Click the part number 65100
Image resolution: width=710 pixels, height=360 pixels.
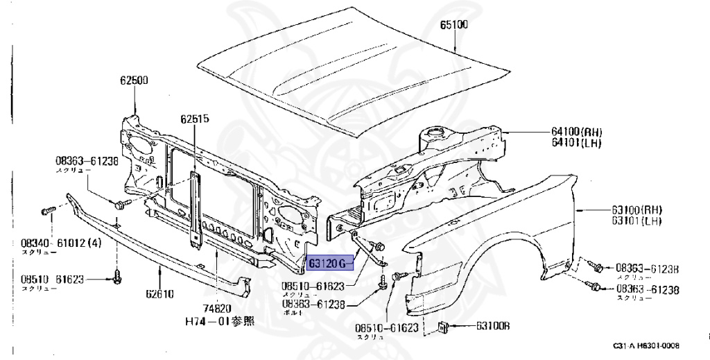tap(454, 26)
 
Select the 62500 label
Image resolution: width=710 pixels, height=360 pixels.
tap(132, 80)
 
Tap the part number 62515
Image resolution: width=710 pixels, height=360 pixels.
tap(195, 119)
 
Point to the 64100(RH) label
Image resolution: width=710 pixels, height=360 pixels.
tap(577, 132)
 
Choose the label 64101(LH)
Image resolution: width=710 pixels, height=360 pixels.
tap(577, 143)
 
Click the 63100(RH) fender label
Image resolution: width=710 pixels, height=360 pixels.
tap(636, 209)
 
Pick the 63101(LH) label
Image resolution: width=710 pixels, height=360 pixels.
tap(636, 221)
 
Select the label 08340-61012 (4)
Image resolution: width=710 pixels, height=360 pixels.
tap(61, 243)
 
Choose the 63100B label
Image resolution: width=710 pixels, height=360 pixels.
tap(493, 326)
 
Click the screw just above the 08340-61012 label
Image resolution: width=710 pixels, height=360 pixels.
tap(47, 209)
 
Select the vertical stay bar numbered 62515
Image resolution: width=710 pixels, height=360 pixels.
tap(196, 208)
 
